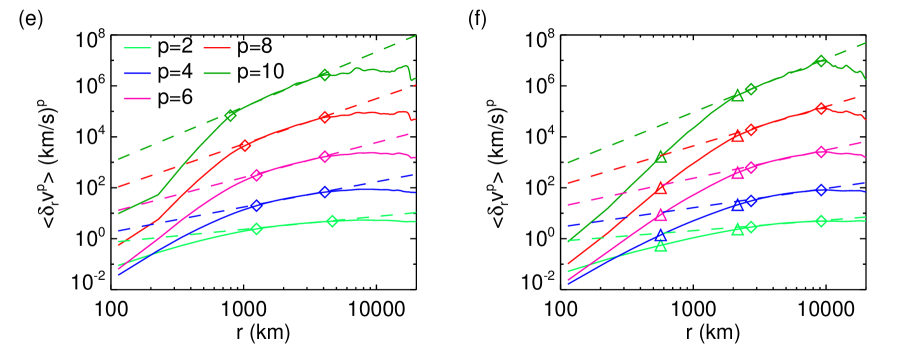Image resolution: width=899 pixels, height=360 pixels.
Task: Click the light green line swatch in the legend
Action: pyautogui.click(x=137, y=48)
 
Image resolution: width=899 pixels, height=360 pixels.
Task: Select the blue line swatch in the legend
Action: pyautogui.click(x=137, y=73)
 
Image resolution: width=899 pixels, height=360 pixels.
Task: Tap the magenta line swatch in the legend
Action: pyautogui.click(x=137, y=98)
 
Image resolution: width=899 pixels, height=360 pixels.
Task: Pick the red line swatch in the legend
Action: pyautogui.click(x=217, y=48)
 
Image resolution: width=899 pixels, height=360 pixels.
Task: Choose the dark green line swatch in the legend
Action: pyautogui.click(x=217, y=73)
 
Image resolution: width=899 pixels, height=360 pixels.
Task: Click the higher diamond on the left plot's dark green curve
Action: pyautogui.click(x=325, y=75)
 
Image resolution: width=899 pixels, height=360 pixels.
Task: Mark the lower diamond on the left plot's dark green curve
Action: pyautogui.click(x=231, y=115)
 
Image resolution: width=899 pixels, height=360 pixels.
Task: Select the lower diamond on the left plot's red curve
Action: pyautogui.click(x=245, y=146)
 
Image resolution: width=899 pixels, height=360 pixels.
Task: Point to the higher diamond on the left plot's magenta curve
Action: pyautogui.click(x=325, y=156)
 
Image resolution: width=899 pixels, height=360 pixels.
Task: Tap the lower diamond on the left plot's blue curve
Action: pyautogui.click(x=256, y=205)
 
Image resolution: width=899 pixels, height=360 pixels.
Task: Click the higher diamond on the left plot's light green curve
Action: pyautogui.click(x=332, y=221)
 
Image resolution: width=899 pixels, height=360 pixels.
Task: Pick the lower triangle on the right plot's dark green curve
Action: pyautogui.click(x=661, y=157)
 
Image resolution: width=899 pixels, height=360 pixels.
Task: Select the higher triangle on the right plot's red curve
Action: pyautogui.click(x=738, y=136)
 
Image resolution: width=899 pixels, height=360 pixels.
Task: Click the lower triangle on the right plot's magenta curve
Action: pyautogui.click(x=661, y=215)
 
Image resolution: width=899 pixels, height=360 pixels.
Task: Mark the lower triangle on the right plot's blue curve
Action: pyautogui.click(x=661, y=236)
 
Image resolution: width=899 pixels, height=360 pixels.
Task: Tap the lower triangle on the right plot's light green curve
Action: pyautogui.click(x=661, y=246)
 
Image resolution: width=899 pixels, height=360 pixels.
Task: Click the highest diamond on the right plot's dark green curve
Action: pyautogui.click(x=821, y=61)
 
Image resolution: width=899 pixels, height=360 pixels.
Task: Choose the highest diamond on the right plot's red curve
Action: pyautogui.click(x=821, y=108)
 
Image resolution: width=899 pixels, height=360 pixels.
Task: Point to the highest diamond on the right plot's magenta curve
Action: pyautogui.click(x=821, y=152)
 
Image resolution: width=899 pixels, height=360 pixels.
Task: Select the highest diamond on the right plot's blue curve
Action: pyautogui.click(x=821, y=189)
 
